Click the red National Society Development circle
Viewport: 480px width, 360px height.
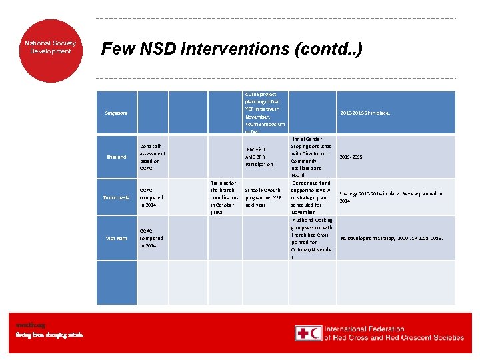[x=51, y=47]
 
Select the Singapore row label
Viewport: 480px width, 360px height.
[x=116, y=113]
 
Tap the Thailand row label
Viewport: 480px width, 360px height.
[x=116, y=157]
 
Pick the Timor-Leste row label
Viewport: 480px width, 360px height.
[x=116, y=198]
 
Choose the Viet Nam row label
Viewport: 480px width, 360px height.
[x=116, y=238]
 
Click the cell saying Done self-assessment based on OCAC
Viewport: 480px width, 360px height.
[x=151, y=157]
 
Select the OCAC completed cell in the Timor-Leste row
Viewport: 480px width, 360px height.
[x=151, y=197]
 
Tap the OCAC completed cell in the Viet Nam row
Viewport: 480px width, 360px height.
[x=151, y=238]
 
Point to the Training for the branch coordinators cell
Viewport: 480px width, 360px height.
[x=224, y=197]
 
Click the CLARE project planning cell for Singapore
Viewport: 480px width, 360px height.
[x=265, y=113]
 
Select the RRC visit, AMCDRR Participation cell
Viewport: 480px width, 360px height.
[x=259, y=157]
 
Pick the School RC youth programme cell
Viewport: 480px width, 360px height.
[x=263, y=197]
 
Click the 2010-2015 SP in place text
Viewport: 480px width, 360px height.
[x=365, y=113]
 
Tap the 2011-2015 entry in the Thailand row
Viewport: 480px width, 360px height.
[x=351, y=157]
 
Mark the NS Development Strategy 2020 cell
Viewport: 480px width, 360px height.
[x=391, y=238]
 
